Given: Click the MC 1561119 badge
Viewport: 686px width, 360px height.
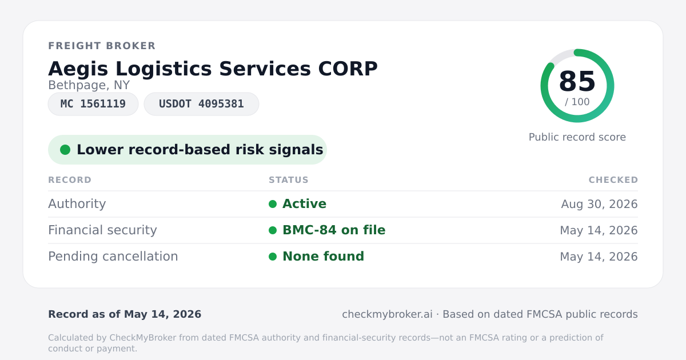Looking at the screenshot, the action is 93,104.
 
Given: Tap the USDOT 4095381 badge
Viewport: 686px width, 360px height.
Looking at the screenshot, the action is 201,104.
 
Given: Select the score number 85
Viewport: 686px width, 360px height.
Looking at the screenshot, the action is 577,81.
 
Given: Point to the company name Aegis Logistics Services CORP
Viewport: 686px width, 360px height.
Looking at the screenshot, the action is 213,69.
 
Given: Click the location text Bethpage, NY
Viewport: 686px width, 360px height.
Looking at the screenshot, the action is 89,85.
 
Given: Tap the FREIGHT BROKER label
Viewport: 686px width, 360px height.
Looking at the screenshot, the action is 102,46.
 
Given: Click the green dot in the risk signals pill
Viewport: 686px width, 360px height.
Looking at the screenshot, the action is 65,150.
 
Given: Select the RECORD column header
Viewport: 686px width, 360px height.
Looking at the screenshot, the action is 70,179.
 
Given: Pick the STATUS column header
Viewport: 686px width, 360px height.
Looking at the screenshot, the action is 289,179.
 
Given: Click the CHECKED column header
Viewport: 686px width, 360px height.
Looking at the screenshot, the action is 613,179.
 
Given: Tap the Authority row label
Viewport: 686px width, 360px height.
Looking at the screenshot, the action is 77,204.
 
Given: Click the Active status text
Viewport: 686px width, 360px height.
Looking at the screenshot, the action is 304,204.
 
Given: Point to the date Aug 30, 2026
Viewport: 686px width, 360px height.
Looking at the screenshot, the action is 599,204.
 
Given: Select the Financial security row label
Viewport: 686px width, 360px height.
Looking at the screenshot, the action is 102,230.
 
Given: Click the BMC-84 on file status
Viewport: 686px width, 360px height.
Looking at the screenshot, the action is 334,230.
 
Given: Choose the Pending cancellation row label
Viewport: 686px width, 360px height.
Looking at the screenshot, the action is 113,257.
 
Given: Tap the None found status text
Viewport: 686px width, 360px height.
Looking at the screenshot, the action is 323,257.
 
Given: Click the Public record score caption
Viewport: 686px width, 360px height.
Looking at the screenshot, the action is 577,137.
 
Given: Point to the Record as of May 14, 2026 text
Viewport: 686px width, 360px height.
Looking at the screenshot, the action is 125,314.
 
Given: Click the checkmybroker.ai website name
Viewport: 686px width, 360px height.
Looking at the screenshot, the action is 387,314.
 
